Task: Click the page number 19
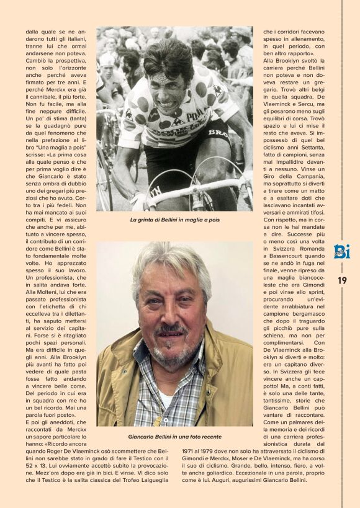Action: [342, 280]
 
